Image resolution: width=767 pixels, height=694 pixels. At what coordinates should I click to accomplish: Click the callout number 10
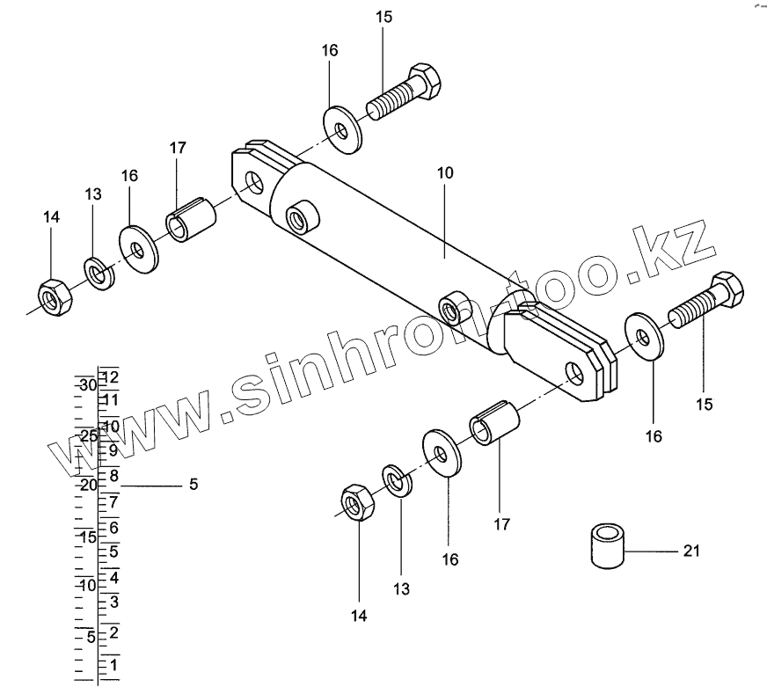[x=444, y=173]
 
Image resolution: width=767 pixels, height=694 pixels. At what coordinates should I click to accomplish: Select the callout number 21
[x=690, y=552]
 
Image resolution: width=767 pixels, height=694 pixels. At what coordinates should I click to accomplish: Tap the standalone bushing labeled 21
[x=604, y=545]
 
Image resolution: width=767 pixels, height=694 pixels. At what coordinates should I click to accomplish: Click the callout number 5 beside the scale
[x=194, y=485]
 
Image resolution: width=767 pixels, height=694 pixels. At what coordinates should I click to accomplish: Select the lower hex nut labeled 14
[x=357, y=502]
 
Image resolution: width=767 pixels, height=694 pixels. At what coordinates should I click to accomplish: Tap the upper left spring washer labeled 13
[x=100, y=274]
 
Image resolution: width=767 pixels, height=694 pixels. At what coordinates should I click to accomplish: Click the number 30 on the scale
[x=86, y=385]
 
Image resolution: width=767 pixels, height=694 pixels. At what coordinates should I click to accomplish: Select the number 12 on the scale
[x=110, y=376]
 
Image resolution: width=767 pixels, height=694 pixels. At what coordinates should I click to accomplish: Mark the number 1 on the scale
[x=113, y=665]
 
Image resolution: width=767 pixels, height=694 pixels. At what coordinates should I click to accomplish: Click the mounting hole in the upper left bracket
[x=255, y=183]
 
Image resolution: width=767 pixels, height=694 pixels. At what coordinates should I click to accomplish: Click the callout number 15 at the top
[x=383, y=17]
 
